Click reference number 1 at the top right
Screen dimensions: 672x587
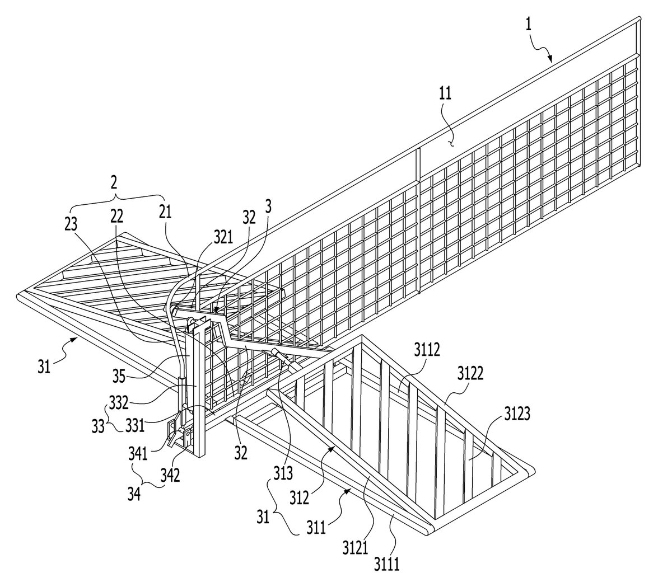coord(528,25)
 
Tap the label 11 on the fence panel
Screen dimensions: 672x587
coord(445,93)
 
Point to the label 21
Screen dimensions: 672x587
coord(165,212)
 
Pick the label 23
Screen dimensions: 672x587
coord(71,224)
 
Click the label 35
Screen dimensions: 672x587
coord(119,375)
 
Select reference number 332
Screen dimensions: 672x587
coord(119,402)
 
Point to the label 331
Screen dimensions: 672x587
coord(134,426)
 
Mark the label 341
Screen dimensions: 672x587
coord(138,454)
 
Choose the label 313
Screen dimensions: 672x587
coord(283,473)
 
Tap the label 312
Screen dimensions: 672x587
coord(299,498)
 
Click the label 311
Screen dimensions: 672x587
coord(316,527)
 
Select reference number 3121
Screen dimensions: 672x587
coord(356,547)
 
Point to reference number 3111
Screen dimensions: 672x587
coord(387,564)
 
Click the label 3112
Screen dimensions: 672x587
coord(427,350)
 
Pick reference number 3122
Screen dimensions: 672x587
coord(470,373)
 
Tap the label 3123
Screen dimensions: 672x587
coord(517,415)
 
